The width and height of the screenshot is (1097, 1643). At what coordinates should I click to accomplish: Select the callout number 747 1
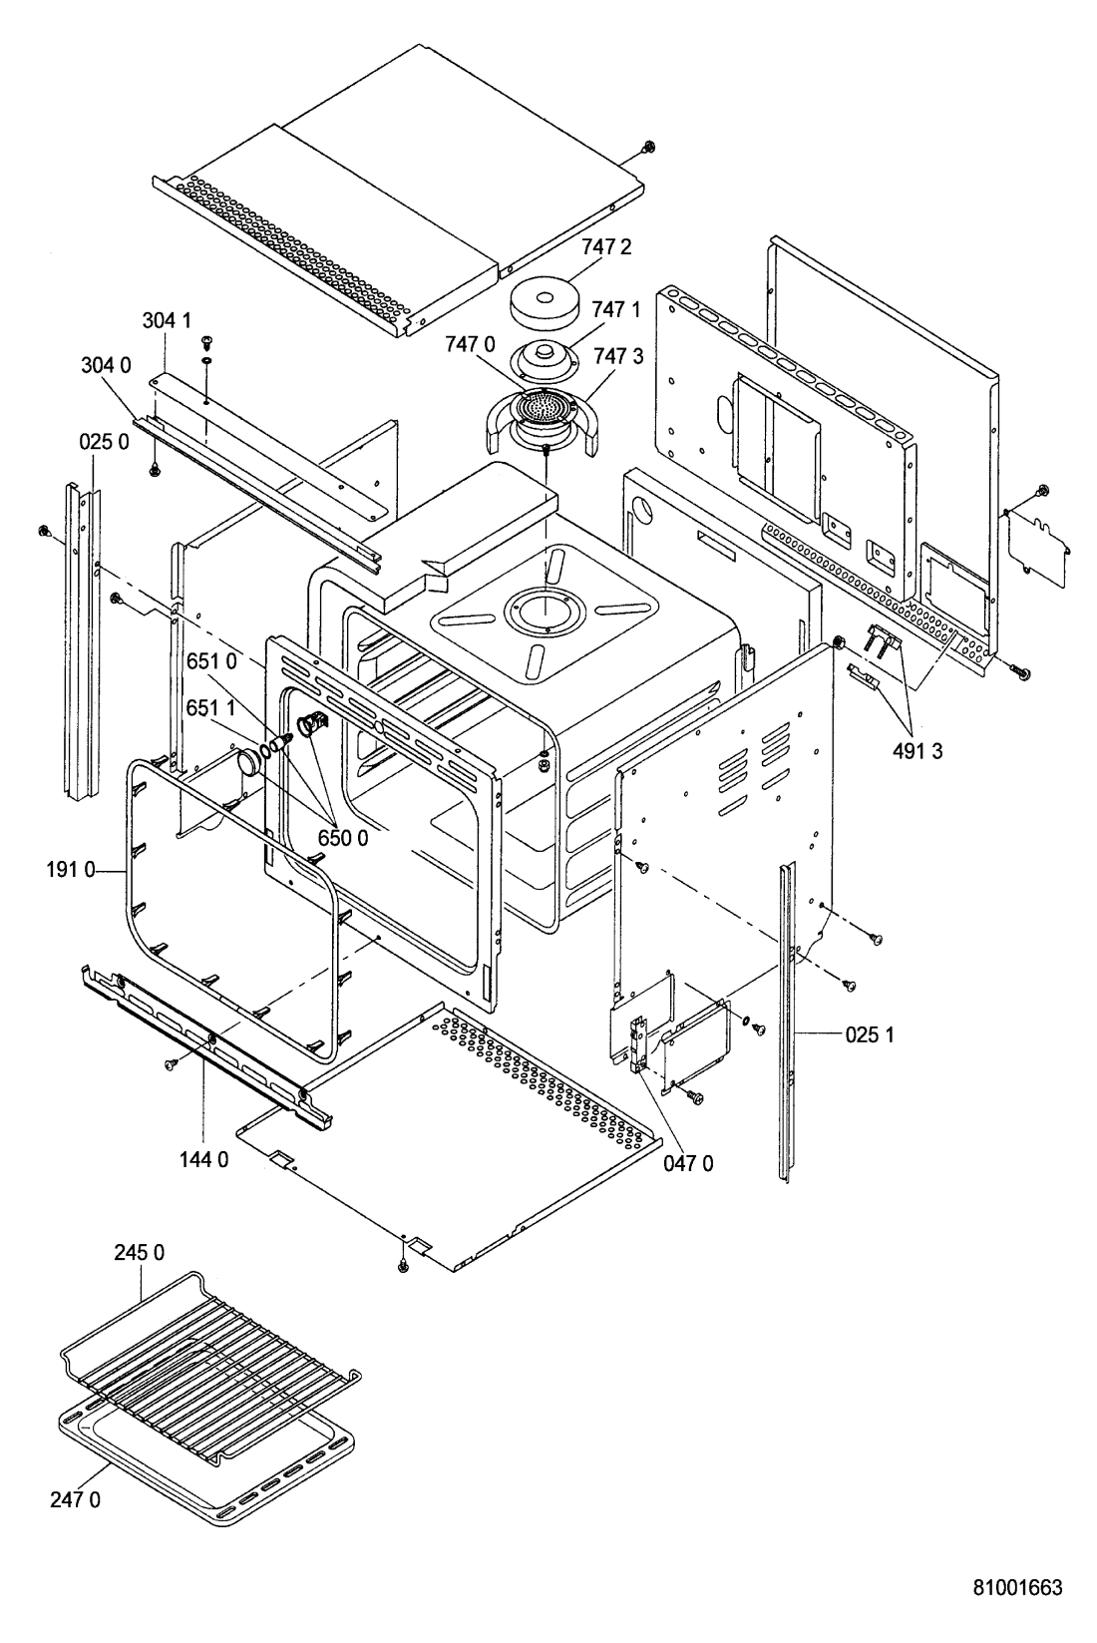pyautogui.click(x=615, y=309)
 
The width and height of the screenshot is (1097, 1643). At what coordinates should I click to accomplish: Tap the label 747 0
pyautogui.click(x=471, y=345)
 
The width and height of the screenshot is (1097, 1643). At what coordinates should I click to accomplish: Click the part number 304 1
pyautogui.click(x=165, y=320)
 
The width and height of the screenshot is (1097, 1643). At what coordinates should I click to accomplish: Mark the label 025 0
pyautogui.click(x=104, y=441)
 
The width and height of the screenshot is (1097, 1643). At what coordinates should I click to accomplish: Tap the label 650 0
pyautogui.click(x=343, y=838)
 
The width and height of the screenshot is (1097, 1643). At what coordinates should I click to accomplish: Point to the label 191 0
pyautogui.click(x=70, y=870)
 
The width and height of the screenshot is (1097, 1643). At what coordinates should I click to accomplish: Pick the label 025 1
pyautogui.click(x=870, y=1034)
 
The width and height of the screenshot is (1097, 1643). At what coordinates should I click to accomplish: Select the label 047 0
pyautogui.click(x=688, y=1162)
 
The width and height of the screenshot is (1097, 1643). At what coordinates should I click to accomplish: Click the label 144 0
pyautogui.click(x=203, y=1159)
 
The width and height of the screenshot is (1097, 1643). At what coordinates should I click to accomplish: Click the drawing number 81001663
pyautogui.click(x=1018, y=1586)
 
